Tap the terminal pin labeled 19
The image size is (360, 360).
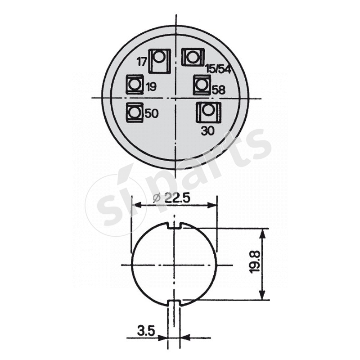[x=134, y=84]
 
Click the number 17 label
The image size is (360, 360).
[x=142, y=61]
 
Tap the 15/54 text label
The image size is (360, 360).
[x=218, y=69]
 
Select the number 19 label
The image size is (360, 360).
[x=152, y=87]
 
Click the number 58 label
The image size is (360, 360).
[x=218, y=90]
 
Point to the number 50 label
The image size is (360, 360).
[x=152, y=114]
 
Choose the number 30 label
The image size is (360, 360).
[x=207, y=131]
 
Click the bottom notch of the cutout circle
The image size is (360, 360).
[x=174, y=302]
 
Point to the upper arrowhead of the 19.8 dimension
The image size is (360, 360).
[x=262, y=232]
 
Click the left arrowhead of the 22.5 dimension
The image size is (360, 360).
[x=135, y=206]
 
